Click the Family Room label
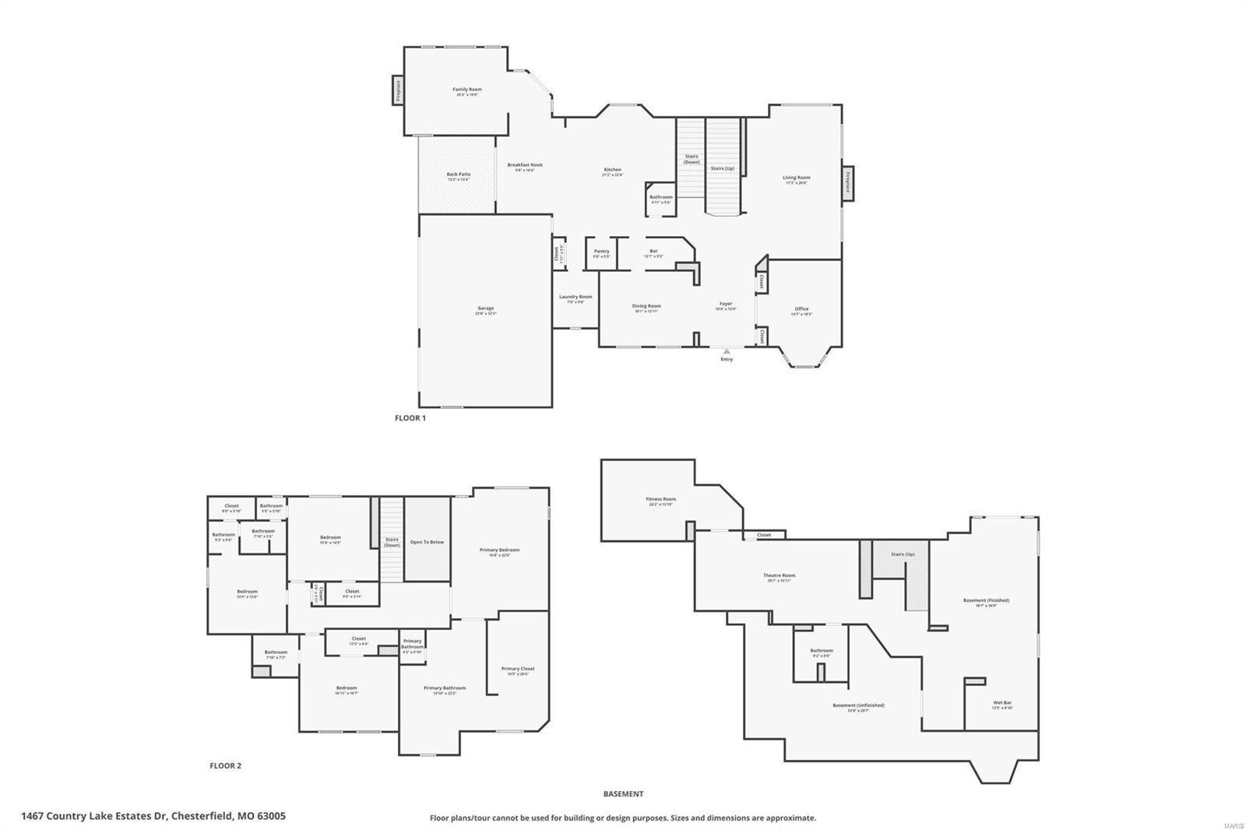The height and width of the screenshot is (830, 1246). [x=467, y=90]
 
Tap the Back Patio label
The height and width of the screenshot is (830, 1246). [x=458, y=174]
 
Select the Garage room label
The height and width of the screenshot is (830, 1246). [x=485, y=308]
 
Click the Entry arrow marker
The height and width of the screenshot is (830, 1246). [x=727, y=352]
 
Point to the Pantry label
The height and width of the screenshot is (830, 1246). [x=601, y=251]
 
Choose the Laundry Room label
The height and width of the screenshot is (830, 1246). [x=575, y=297]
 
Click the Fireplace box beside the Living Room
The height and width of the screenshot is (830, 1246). [x=847, y=183]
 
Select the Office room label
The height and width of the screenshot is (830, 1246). [x=801, y=309]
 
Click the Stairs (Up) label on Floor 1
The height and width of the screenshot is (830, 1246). [x=722, y=168]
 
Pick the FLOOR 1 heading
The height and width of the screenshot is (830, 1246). [x=410, y=418]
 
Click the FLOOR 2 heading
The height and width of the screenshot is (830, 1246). [x=225, y=765]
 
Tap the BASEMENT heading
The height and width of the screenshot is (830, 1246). [x=623, y=793]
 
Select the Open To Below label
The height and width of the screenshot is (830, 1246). [x=427, y=542]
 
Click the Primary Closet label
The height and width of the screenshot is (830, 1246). [x=518, y=669]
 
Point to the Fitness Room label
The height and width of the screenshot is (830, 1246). [x=660, y=499]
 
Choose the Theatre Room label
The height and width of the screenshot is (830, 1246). [x=779, y=575]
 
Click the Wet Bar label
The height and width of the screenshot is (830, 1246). [x=1002, y=703]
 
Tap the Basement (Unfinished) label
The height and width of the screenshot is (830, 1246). [x=858, y=705]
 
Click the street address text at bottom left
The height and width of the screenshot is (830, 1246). [x=153, y=816]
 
